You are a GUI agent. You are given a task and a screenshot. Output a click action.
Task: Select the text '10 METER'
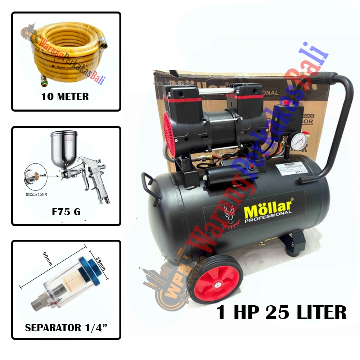tap(65, 96)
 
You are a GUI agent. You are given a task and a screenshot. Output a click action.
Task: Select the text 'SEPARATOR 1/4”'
tap(66, 328)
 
